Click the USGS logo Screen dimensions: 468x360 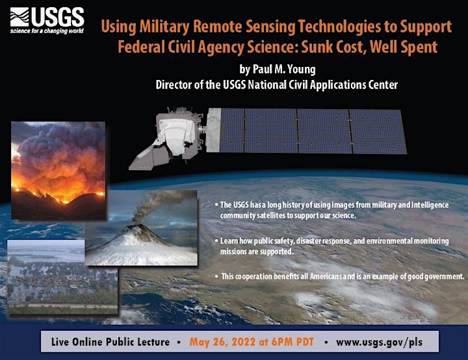coord(47,20)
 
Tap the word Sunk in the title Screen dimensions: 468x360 coord(317,47)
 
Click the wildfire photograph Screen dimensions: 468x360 coord(58,170)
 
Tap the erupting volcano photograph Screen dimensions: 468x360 coord(141,228)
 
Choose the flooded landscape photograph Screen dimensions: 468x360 coord(62,277)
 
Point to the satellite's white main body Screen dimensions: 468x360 coord(175,135)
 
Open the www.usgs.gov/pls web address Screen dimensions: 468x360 coord(379,342)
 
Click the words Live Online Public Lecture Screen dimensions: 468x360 coord(110,342)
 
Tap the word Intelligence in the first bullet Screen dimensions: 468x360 coord(430,205)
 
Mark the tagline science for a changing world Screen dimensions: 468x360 coord(47,31)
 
